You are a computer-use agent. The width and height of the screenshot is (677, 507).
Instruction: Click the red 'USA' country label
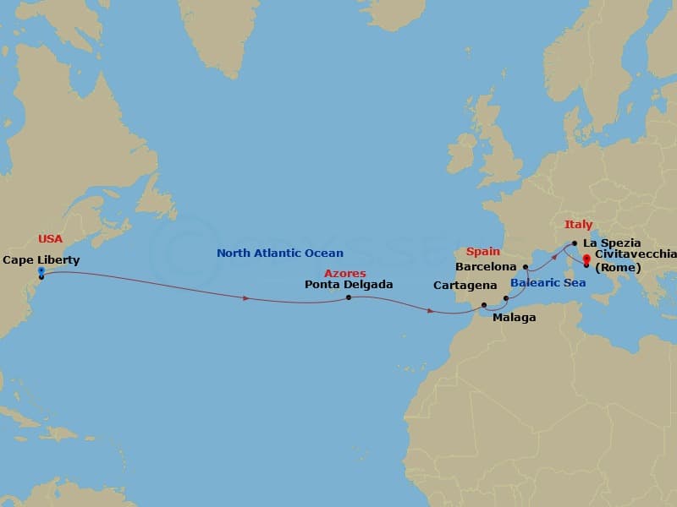(50, 239)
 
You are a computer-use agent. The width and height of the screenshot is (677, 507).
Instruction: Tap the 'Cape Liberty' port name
(41, 260)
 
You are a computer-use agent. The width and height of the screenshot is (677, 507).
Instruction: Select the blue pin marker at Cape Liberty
(41, 272)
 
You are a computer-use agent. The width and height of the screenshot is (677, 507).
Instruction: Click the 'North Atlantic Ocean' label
(280, 253)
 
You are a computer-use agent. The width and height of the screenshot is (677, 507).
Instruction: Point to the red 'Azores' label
(345, 273)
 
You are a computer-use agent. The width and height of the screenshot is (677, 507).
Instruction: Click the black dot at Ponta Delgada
(349, 297)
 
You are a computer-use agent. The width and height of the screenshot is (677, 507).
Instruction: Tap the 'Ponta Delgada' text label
(349, 285)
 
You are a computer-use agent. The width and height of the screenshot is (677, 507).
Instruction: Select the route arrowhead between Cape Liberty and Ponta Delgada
(246, 298)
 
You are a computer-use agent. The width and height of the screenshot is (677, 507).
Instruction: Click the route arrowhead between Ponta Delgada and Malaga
(431, 311)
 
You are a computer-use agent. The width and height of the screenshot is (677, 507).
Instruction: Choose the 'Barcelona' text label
(486, 265)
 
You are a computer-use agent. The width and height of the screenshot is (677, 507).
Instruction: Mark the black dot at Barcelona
(526, 268)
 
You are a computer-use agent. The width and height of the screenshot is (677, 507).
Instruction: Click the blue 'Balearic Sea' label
(547, 282)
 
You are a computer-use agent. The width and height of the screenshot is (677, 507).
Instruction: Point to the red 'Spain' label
(483, 251)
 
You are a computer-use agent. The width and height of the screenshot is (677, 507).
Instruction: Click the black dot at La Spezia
(575, 243)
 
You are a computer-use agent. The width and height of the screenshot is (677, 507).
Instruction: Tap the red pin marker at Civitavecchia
(586, 258)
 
